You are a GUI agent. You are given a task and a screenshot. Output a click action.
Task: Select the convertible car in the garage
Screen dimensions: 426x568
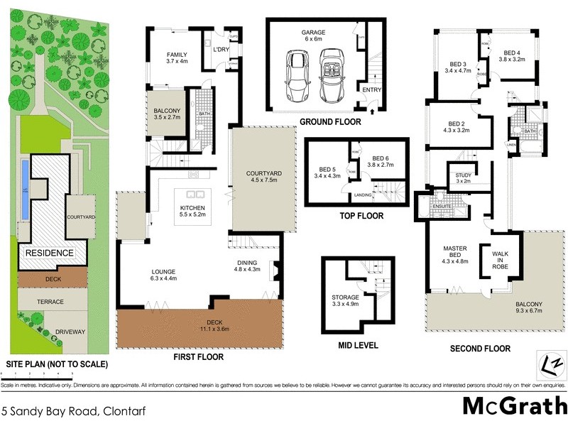(x=329, y=77)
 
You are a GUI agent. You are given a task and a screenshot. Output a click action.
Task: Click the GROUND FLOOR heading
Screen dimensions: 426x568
(x=329, y=122)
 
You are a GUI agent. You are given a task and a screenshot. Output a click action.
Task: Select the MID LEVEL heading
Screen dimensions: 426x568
(x=358, y=346)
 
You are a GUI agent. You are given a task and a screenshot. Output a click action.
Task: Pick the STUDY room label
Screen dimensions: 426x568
(x=463, y=178)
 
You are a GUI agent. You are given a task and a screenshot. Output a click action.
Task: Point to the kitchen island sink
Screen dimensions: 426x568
(x=194, y=194)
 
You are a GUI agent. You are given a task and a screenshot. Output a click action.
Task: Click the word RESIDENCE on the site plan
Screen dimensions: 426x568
(x=50, y=253)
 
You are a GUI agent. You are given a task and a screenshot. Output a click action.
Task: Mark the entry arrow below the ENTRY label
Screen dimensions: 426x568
(x=373, y=110)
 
